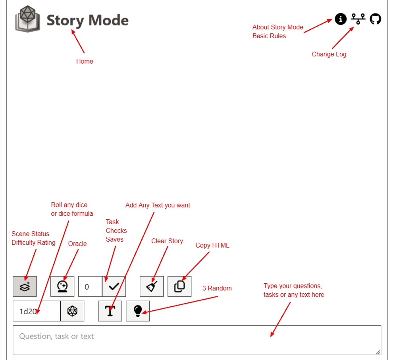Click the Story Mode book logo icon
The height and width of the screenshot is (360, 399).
tap(27, 19)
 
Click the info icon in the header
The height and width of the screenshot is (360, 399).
tap(341, 19)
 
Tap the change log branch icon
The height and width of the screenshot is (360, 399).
tap(358, 19)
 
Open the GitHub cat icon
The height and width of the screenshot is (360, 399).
tap(375, 19)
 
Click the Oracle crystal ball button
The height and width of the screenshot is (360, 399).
tap(62, 286)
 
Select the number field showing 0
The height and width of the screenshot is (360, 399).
tap(90, 286)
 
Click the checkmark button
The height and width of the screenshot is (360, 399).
tap(114, 286)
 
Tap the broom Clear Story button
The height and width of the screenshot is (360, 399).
tap(152, 286)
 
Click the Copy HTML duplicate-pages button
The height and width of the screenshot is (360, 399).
tap(179, 286)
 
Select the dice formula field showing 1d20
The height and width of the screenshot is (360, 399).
tap(37, 311)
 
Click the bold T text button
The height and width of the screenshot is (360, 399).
tap(110, 311)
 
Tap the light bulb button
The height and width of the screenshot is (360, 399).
tap(138, 311)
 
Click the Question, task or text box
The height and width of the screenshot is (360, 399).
tap(197, 340)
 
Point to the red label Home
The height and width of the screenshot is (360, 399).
tap(85, 61)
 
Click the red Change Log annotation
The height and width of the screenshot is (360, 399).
tap(329, 54)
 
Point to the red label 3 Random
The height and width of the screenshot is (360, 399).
tap(217, 288)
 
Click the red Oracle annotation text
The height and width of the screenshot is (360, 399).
tap(77, 244)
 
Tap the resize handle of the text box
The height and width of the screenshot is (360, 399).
tap(378, 352)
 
